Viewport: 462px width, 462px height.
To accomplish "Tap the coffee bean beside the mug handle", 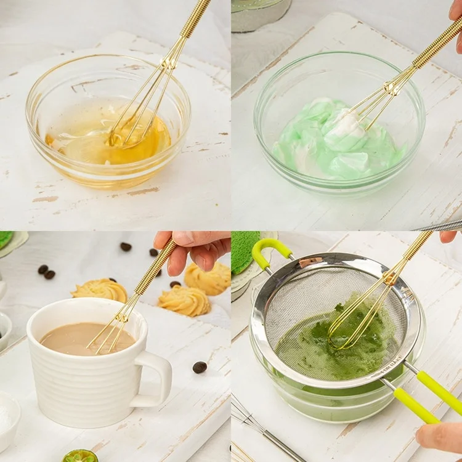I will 200,367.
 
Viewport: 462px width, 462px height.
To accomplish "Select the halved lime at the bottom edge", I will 79,456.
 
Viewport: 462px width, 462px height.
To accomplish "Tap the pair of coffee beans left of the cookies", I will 46,272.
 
